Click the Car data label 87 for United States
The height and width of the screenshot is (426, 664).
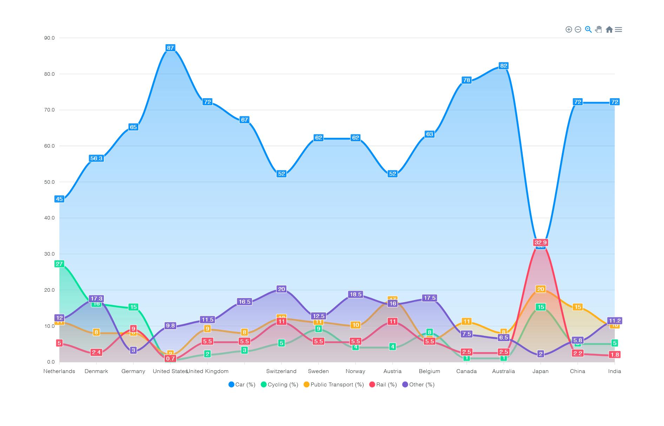tap(170, 48)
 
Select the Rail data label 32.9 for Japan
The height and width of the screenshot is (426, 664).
tap(540, 242)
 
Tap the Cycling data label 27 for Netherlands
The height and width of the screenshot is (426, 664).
tap(59, 264)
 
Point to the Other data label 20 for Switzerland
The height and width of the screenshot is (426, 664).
tap(281, 289)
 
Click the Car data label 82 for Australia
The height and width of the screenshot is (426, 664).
tap(504, 66)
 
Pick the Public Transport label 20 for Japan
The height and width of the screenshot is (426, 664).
tap(540, 289)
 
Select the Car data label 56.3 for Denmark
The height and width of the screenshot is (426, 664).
tap(96, 158)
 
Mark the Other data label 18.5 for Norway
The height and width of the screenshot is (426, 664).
tap(355, 294)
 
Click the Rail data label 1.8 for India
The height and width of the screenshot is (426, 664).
tap(615, 354)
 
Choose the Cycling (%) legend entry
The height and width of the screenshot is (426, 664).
tap(279, 385)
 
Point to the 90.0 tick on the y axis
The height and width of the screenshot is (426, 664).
tap(49, 38)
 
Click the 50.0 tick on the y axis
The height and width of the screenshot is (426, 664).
tap(49, 182)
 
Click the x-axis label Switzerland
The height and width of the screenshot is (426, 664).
tap(281, 371)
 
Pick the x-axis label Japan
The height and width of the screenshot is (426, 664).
tap(540, 371)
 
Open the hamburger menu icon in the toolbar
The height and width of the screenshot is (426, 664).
tap(618, 29)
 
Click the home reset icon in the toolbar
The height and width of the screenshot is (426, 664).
tap(609, 29)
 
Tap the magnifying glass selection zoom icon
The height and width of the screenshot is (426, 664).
tap(589, 29)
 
